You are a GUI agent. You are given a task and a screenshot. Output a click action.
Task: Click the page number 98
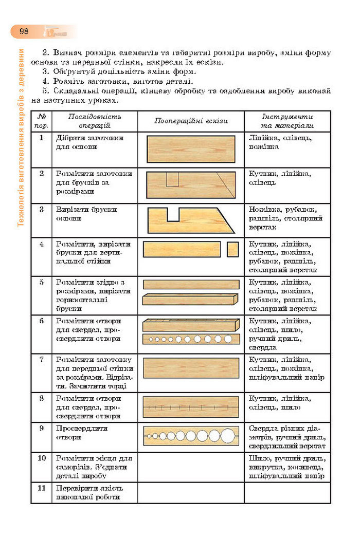click(x=24, y=31)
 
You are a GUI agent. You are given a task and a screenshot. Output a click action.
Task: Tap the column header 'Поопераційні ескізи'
click(x=191, y=121)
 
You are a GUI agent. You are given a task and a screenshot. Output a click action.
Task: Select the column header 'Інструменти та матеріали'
click(x=287, y=121)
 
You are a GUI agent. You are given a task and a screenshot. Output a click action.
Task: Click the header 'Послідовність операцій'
click(x=94, y=121)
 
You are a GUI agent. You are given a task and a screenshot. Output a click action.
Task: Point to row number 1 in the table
click(x=41, y=138)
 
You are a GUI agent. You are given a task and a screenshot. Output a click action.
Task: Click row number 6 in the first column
click(x=41, y=321)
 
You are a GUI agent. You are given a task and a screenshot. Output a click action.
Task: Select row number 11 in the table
click(x=41, y=488)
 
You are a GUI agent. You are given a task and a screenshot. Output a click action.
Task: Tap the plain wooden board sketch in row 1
click(x=191, y=149)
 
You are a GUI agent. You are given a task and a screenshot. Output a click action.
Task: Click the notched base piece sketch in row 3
click(x=191, y=220)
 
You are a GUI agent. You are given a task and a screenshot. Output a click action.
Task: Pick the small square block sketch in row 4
click(x=232, y=249)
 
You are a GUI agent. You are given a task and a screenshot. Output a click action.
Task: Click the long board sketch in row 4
click(x=182, y=249)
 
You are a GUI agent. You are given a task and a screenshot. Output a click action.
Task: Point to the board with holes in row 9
click(x=191, y=436)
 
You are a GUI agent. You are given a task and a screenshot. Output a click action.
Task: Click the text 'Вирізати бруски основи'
click(x=86, y=214)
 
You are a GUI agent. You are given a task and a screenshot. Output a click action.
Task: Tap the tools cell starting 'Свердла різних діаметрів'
click(x=287, y=437)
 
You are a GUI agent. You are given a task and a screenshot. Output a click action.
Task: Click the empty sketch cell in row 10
click(x=191, y=467)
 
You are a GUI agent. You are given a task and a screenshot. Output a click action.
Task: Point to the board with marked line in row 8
click(x=191, y=406)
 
